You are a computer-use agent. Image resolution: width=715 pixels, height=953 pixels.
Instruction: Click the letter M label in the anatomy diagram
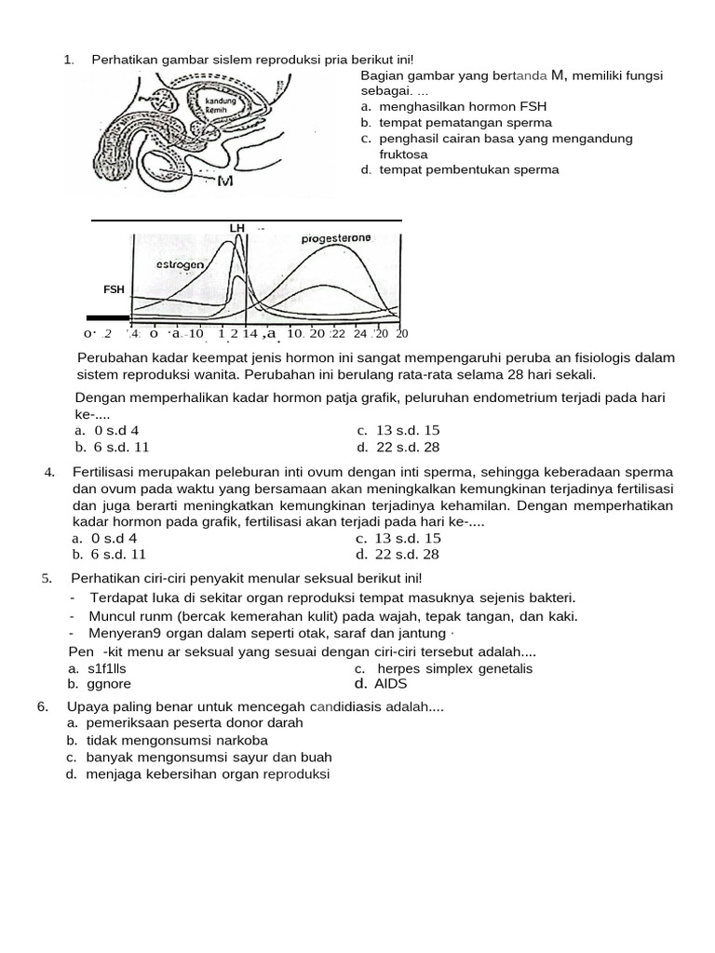pos(224,181)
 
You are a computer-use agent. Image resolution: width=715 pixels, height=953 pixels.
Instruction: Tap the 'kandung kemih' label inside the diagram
pos(222,105)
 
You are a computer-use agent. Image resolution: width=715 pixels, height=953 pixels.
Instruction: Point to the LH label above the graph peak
pos(236,228)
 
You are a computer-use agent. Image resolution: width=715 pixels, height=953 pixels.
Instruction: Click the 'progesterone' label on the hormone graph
pos(336,238)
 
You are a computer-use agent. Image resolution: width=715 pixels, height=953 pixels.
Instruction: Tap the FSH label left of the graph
pos(114,289)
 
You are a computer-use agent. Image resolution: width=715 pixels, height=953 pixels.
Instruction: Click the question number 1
pos(68,60)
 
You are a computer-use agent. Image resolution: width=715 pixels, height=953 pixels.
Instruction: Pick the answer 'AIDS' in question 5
pos(391,683)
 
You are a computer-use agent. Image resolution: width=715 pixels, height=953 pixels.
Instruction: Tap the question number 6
pos(43,707)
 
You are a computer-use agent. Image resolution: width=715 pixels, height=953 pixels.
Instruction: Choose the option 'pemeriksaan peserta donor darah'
pos(196,723)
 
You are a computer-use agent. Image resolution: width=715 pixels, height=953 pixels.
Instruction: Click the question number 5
pos(46,579)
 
